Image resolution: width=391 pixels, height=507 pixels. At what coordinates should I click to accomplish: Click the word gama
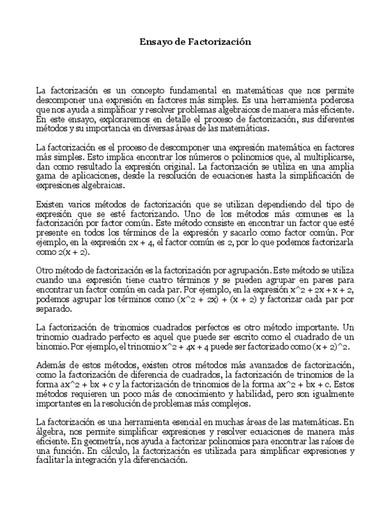coord(46,176)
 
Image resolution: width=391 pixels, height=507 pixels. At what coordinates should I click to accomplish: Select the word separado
coord(54,309)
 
